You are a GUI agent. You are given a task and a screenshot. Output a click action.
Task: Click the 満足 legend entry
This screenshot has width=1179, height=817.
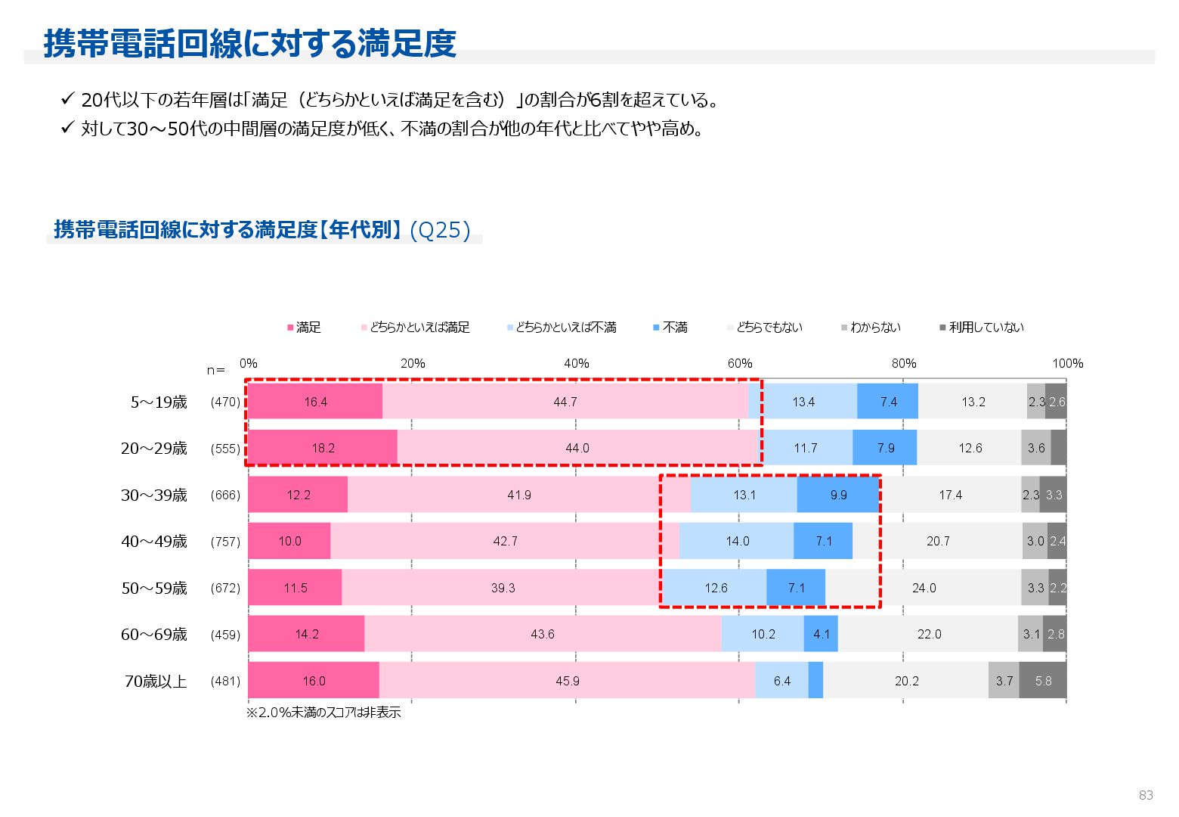[305, 328]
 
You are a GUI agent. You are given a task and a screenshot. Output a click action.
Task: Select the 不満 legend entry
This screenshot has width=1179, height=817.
[670, 328]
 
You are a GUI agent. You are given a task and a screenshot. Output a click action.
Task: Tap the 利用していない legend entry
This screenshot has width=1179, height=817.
[982, 328]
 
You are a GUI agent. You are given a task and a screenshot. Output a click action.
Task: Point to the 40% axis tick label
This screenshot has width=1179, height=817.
[576, 364]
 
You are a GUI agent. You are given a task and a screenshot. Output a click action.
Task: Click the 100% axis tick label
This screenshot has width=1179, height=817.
[1067, 364]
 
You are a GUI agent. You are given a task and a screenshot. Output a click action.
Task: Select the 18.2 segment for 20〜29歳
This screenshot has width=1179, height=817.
[323, 448]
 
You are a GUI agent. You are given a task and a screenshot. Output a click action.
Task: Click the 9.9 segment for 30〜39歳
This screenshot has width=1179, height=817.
[838, 495]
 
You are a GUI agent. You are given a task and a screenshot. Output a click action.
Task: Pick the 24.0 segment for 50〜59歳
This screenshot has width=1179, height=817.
[924, 588]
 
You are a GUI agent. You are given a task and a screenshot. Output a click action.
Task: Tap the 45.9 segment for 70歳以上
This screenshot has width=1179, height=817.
[567, 681]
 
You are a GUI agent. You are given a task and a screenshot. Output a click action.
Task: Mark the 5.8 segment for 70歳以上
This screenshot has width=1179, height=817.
[1043, 681]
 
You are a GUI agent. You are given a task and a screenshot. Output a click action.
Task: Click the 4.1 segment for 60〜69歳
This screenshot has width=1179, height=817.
[821, 634]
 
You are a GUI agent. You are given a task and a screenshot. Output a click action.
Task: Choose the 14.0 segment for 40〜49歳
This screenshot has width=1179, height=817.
[737, 541]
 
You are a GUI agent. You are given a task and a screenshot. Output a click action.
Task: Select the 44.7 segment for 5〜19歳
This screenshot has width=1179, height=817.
[565, 402]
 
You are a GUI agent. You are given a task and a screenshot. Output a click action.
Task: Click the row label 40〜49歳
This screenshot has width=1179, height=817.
[154, 542]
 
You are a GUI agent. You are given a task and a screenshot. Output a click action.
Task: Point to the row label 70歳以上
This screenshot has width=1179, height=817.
[156, 682]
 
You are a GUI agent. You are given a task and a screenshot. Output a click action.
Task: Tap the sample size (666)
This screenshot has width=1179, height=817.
[225, 495]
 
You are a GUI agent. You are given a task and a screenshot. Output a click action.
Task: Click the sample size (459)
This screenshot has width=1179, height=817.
[225, 635]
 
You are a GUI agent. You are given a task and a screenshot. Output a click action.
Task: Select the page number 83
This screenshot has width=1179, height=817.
[1146, 795]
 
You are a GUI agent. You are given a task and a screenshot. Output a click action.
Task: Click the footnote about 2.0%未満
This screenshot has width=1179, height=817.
[323, 713]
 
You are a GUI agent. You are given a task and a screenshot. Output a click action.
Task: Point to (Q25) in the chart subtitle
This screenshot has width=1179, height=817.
[441, 230]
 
